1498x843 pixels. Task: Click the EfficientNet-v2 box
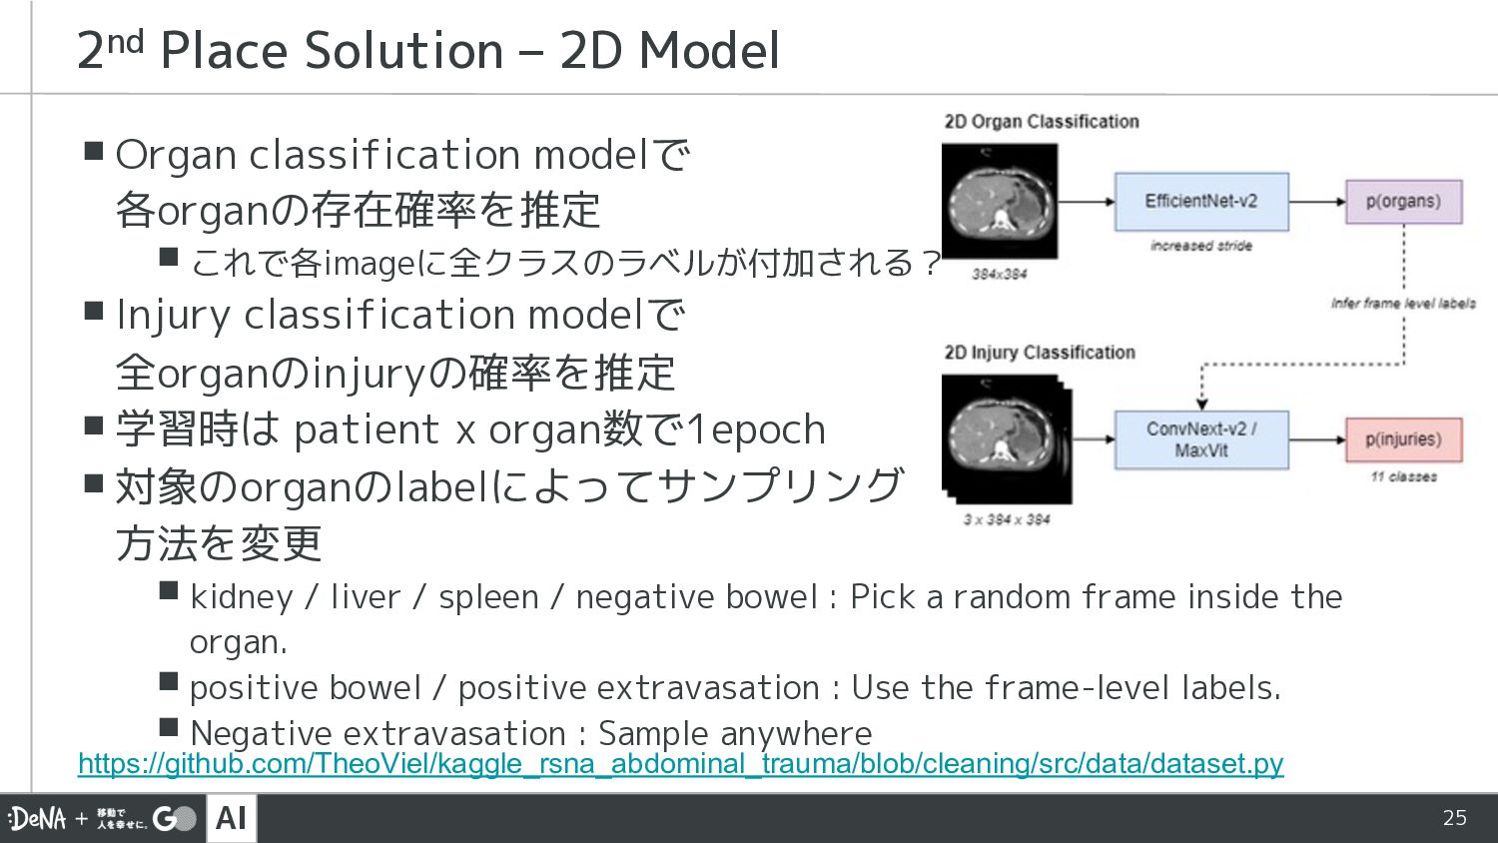coord(1201,202)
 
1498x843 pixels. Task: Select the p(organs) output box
coord(1404,202)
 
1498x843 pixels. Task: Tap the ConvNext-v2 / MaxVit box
coord(1201,439)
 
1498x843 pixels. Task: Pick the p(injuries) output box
coord(1404,439)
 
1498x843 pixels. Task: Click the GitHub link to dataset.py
coord(681,763)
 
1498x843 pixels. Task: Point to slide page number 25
coord(1454,818)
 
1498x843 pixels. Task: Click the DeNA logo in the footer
coord(38,818)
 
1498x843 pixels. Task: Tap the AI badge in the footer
coord(232,818)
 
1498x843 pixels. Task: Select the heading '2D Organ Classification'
coord(1042,122)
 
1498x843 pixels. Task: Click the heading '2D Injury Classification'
coord(1040,353)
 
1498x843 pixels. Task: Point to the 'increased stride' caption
coord(1201,246)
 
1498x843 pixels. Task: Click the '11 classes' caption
coord(1404,477)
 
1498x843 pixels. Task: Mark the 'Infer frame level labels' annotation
coord(1403,304)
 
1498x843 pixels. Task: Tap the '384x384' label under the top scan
coord(999,275)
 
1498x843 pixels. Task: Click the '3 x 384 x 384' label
coord(1007,519)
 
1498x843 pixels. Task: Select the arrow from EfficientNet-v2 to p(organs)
coord(1317,202)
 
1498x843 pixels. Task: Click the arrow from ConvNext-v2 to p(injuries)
coord(1317,439)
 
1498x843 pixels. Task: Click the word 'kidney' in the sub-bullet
coord(242,597)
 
